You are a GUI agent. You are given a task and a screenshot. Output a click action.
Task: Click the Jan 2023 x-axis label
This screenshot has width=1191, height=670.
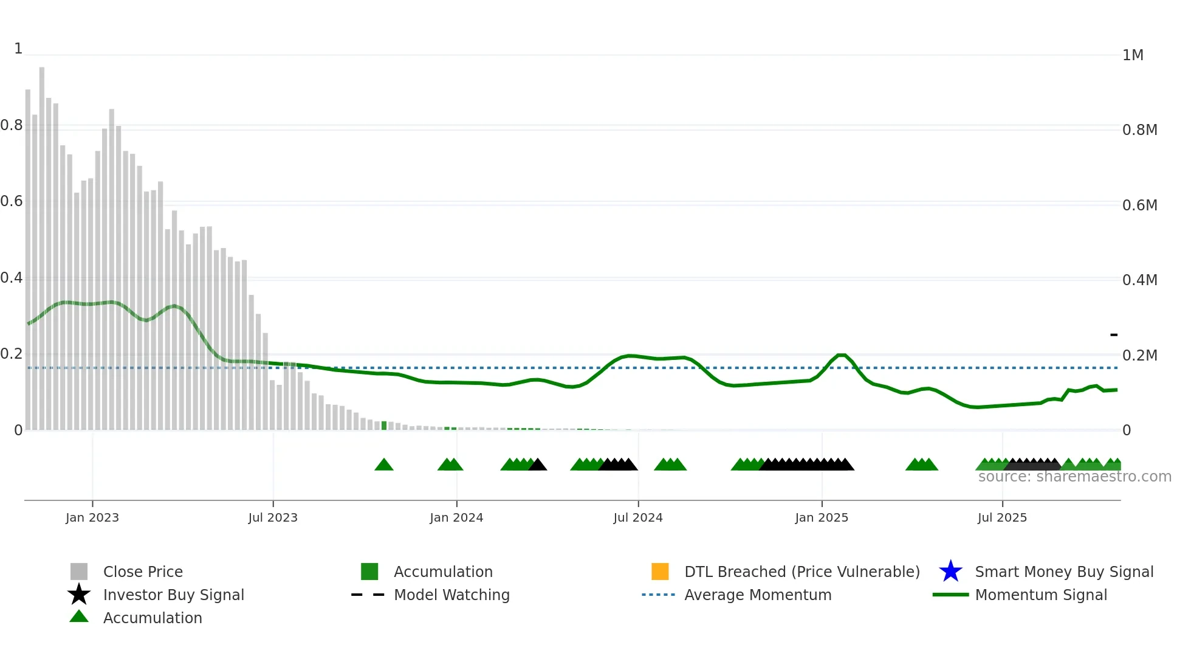(92, 517)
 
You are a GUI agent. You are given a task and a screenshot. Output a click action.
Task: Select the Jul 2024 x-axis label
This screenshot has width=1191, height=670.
(637, 517)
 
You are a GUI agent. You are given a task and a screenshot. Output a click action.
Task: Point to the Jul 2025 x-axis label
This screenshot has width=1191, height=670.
(1001, 517)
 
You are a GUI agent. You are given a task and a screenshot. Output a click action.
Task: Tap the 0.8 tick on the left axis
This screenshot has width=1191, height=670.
(12, 125)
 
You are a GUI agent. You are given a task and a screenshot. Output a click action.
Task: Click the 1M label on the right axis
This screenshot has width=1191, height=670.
(1133, 55)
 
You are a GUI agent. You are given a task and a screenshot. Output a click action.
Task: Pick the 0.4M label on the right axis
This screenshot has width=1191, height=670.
(1139, 280)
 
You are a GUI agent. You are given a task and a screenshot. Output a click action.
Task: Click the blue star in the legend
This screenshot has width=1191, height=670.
(950, 572)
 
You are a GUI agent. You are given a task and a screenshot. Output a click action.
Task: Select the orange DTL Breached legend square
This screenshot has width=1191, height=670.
(659, 572)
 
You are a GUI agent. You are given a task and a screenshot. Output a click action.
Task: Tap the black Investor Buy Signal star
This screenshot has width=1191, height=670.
(79, 595)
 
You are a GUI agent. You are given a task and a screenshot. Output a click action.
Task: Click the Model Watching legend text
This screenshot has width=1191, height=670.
(451, 595)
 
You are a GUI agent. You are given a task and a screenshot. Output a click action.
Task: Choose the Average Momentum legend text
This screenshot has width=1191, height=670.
(758, 595)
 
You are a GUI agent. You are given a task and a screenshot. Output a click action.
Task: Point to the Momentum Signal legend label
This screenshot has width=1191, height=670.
(1040, 595)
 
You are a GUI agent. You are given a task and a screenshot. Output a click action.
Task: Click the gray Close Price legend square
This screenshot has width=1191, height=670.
(79, 572)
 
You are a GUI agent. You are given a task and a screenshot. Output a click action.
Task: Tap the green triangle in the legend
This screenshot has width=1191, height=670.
(79, 616)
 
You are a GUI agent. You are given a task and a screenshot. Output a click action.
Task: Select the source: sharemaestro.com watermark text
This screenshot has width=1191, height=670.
(1074, 477)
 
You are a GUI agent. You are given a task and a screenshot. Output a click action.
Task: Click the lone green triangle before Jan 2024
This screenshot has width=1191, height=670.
(384, 465)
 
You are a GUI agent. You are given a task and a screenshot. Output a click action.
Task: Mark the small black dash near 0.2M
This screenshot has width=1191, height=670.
(1113, 335)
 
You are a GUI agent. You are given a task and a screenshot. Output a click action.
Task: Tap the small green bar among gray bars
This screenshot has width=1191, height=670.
(384, 426)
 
